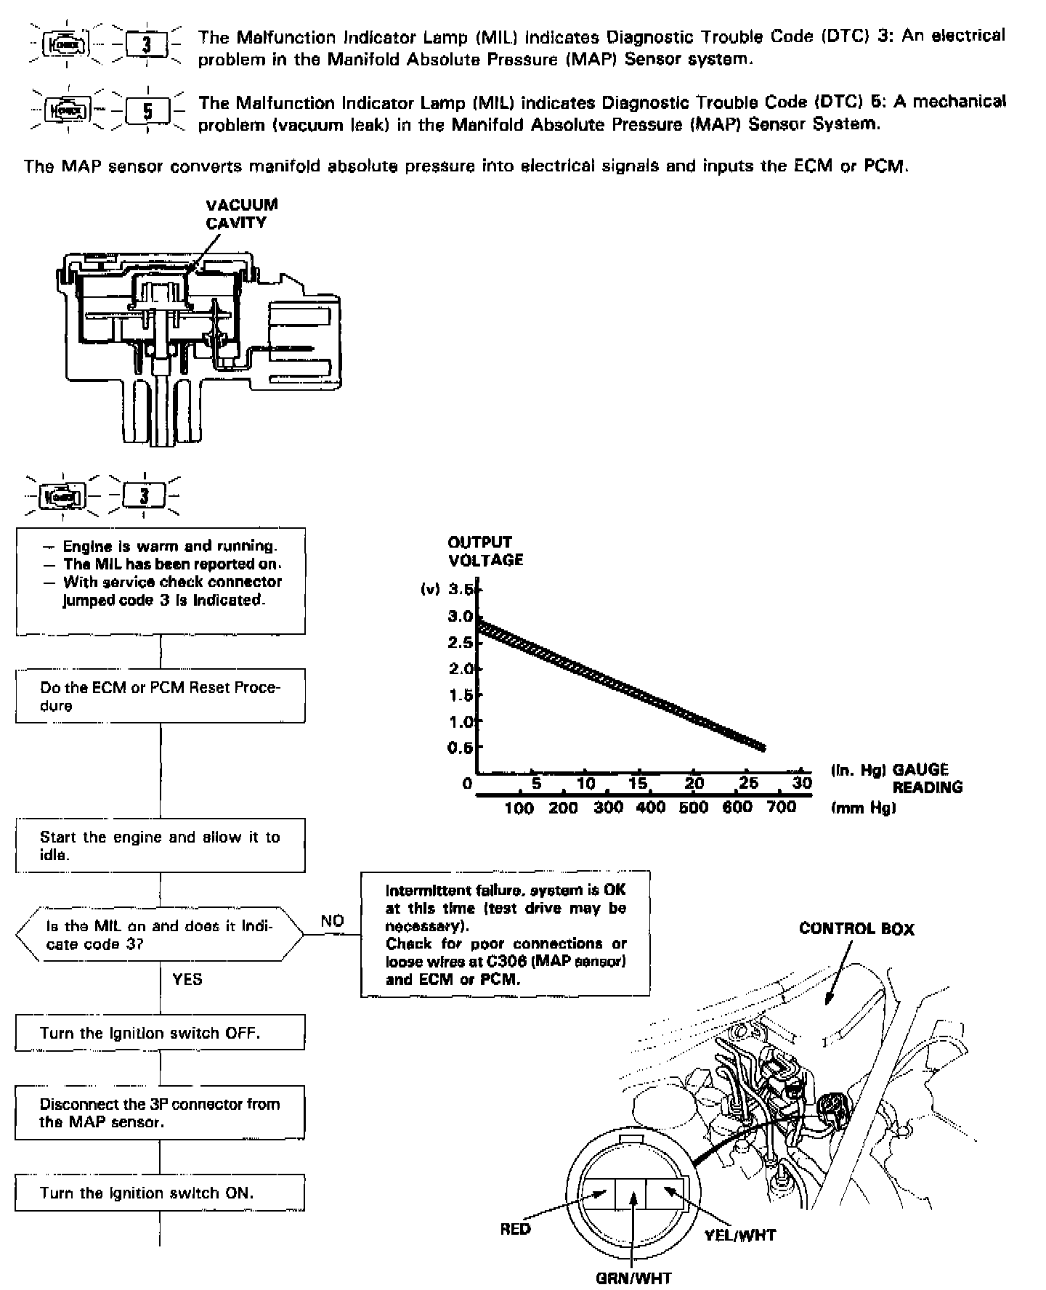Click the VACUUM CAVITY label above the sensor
pyautogui.click(x=241, y=214)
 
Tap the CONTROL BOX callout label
pyautogui.click(x=856, y=929)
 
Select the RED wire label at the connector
pyautogui.click(x=515, y=1229)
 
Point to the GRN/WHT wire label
pyautogui.click(x=633, y=1278)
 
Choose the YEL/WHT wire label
pyautogui.click(x=740, y=1234)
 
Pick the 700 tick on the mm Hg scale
pyautogui.click(x=782, y=807)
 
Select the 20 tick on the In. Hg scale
pyautogui.click(x=694, y=783)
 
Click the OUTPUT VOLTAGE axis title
pyautogui.click(x=485, y=551)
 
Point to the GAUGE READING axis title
pyautogui.click(x=926, y=779)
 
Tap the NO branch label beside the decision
pyautogui.click(x=332, y=921)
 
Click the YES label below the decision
pyautogui.click(x=187, y=979)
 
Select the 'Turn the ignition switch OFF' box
pyautogui.click(x=160, y=1033)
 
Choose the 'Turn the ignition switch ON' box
pyautogui.click(x=160, y=1193)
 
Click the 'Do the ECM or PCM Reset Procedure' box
pyautogui.click(x=160, y=696)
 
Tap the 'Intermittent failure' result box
pyautogui.click(x=505, y=934)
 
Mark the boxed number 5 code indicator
pyautogui.click(x=147, y=112)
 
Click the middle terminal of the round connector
pyautogui.click(x=633, y=1193)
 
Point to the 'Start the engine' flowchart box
pyautogui.click(x=160, y=845)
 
